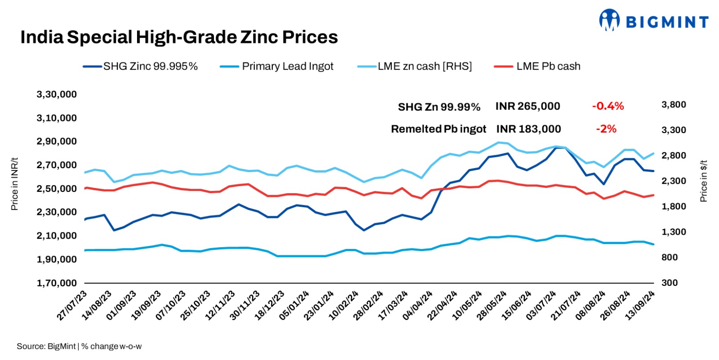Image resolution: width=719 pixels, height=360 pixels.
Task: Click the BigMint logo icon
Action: click(609, 20)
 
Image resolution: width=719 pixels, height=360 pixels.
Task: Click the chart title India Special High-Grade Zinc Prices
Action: click(179, 37)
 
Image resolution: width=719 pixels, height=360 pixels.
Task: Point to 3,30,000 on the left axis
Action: click(57, 94)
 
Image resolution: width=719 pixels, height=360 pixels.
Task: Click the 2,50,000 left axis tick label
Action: click(57, 189)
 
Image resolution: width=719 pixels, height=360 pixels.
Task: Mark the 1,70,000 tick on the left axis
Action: click(57, 283)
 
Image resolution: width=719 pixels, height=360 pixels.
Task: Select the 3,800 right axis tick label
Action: click(673, 105)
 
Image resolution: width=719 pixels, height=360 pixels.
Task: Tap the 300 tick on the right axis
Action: click(670, 283)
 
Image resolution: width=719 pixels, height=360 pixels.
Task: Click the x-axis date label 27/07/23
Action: click(72, 306)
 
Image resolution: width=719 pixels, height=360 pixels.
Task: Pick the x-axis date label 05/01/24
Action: click(294, 306)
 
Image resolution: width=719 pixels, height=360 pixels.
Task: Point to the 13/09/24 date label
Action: click(640, 306)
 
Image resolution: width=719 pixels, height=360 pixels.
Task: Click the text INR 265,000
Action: click(528, 107)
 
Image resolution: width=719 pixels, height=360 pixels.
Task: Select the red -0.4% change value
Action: click(608, 107)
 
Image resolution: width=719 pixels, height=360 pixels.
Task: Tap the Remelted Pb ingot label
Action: click(438, 129)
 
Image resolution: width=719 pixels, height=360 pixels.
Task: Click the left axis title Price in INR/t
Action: click(14, 184)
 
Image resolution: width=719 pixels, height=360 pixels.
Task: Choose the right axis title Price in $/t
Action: click(703, 181)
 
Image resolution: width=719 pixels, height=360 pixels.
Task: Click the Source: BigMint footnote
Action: click(79, 347)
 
